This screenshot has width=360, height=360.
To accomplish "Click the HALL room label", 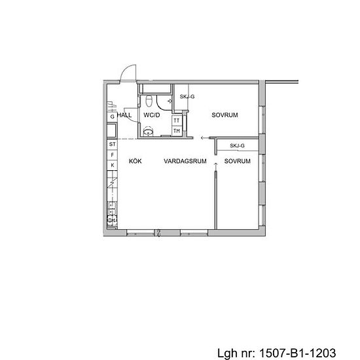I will click(x=124, y=115).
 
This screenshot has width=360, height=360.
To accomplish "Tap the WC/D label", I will click(x=152, y=115).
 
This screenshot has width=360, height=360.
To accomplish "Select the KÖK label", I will click(x=135, y=160).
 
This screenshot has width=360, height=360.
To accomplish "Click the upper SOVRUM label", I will click(x=225, y=115).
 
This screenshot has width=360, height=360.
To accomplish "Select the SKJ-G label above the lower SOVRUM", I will click(x=237, y=146).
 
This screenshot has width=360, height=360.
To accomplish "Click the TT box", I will click(x=177, y=121).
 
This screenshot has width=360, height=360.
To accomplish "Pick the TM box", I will click(x=177, y=131).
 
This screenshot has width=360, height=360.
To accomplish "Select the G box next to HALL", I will click(x=113, y=117).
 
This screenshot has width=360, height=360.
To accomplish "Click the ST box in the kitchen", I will click(x=113, y=143).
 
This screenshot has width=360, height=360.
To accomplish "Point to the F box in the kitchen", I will click(x=113, y=154).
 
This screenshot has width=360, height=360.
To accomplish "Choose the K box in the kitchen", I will click(x=113, y=165).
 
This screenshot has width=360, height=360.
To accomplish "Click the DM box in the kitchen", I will click(x=112, y=221).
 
